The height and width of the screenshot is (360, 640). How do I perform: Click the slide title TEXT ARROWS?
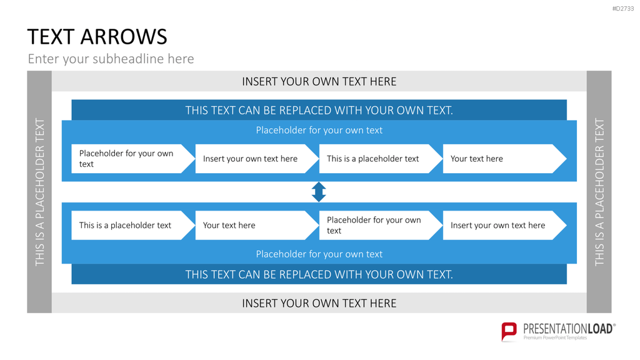click(x=97, y=37)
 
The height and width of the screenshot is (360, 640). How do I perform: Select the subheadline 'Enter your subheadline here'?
click(x=111, y=59)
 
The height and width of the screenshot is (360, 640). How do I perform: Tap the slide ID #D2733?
click(x=623, y=9)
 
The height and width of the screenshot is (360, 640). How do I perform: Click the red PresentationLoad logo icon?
click(x=509, y=331)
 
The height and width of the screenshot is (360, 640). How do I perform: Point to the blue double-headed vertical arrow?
click(x=319, y=192)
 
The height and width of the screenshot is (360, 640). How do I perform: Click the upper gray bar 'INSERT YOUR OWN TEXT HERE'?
click(x=319, y=81)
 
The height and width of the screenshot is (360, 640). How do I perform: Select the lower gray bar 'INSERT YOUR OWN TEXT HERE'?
click(x=319, y=303)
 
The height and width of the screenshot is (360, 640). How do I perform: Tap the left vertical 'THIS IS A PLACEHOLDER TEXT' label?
click(x=39, y=192)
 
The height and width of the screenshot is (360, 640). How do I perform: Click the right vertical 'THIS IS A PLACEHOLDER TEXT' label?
click(x=599, y=192)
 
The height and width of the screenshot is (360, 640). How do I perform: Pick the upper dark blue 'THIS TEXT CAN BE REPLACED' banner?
click(x=319, y=110)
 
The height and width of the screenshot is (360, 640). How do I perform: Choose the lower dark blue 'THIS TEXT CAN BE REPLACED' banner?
click(x=319, y=274)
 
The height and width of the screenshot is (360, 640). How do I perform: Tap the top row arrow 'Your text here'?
click(x=504, y=159)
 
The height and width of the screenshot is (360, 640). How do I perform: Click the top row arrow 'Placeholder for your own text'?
click(x=133, y=159)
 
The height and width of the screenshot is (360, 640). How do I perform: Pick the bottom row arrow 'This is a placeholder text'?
click(x=133, y=225)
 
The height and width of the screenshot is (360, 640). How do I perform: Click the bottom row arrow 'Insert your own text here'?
click(x=504, y=225)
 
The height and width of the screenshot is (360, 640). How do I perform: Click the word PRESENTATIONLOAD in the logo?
click(x=568, y=329)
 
